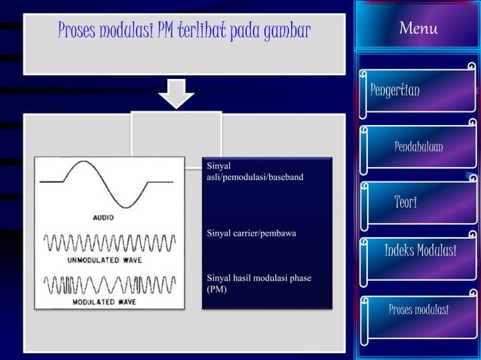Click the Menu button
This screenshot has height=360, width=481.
pyautogui.click(x=418, y=29)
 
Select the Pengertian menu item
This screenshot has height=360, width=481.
pyautogui.click(x=395, y=90)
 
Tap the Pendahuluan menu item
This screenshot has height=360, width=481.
pyautogui.click(x=418, y=146)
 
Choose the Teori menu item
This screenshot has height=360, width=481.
pyautogui.click(x=406, y=202)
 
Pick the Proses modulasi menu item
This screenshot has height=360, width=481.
pyautogui.click(x=418, y=310)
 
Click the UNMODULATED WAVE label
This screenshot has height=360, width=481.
pyautogui.click(x=105, y=260)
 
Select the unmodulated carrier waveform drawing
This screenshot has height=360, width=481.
pyautogui.click(x=110, y=243)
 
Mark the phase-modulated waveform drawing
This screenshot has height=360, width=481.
pyautogui.click(x=110, y=285)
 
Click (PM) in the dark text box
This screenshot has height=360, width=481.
pyautogui.click(x=216, y=289)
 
